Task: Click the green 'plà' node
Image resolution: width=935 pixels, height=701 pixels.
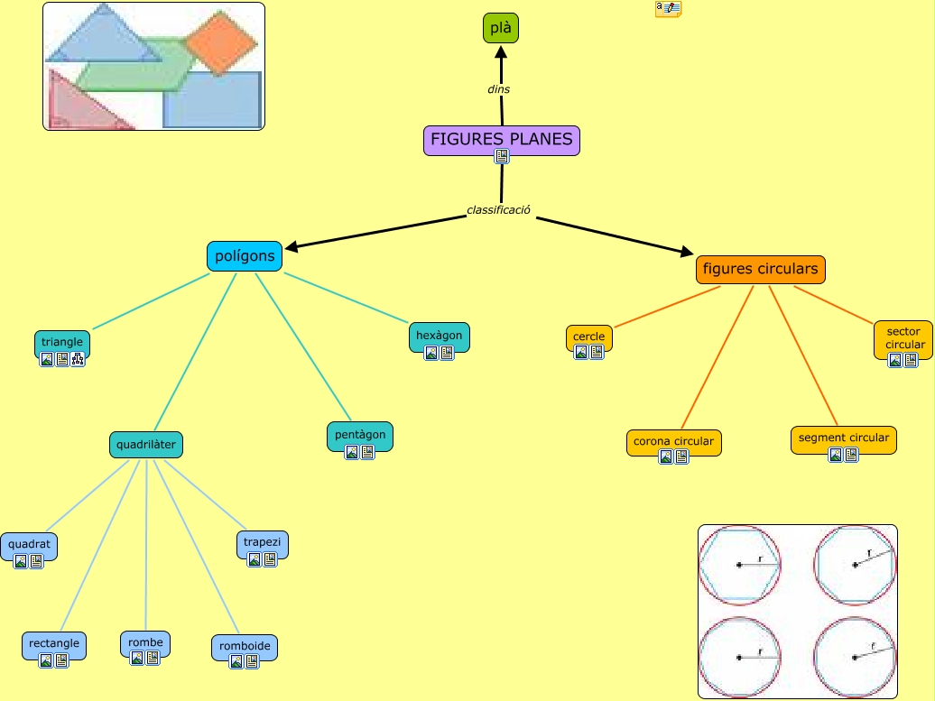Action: (500, 28)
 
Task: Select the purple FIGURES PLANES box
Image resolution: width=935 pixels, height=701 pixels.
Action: (502, 141)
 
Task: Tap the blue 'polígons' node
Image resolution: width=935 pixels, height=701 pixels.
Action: (245, 256)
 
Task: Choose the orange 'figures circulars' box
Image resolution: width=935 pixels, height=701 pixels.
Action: (760, 270)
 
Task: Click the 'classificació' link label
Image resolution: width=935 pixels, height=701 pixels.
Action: (498, 210)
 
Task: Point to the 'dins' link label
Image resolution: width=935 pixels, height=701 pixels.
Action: (498, 89)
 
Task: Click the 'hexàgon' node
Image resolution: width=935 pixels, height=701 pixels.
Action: (439, 337)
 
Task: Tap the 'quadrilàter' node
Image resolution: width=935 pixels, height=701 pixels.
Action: (146, 445)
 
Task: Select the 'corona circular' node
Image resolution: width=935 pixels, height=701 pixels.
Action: (674, 443)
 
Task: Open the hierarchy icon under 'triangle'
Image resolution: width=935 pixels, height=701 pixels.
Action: (78, 359)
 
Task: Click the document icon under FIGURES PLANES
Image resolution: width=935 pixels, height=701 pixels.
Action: (502, 156)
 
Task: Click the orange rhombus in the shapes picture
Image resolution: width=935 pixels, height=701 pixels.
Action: (220, 43)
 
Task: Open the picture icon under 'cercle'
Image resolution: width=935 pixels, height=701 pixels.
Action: (581, 352)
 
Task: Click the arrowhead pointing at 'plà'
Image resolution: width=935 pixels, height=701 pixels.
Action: (501, 52)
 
